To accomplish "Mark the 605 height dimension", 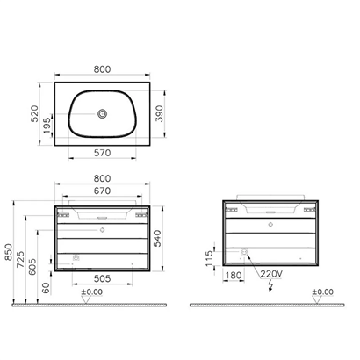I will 37,265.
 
